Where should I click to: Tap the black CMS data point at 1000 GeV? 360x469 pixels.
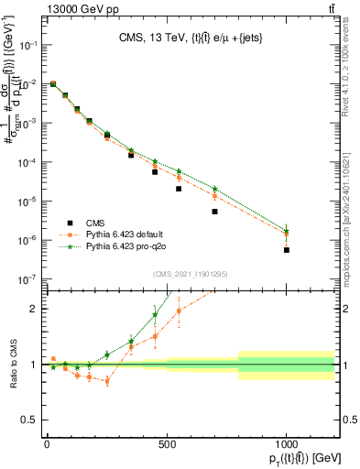(287, 250)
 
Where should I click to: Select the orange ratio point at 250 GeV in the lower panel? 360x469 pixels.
(107, 381)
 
